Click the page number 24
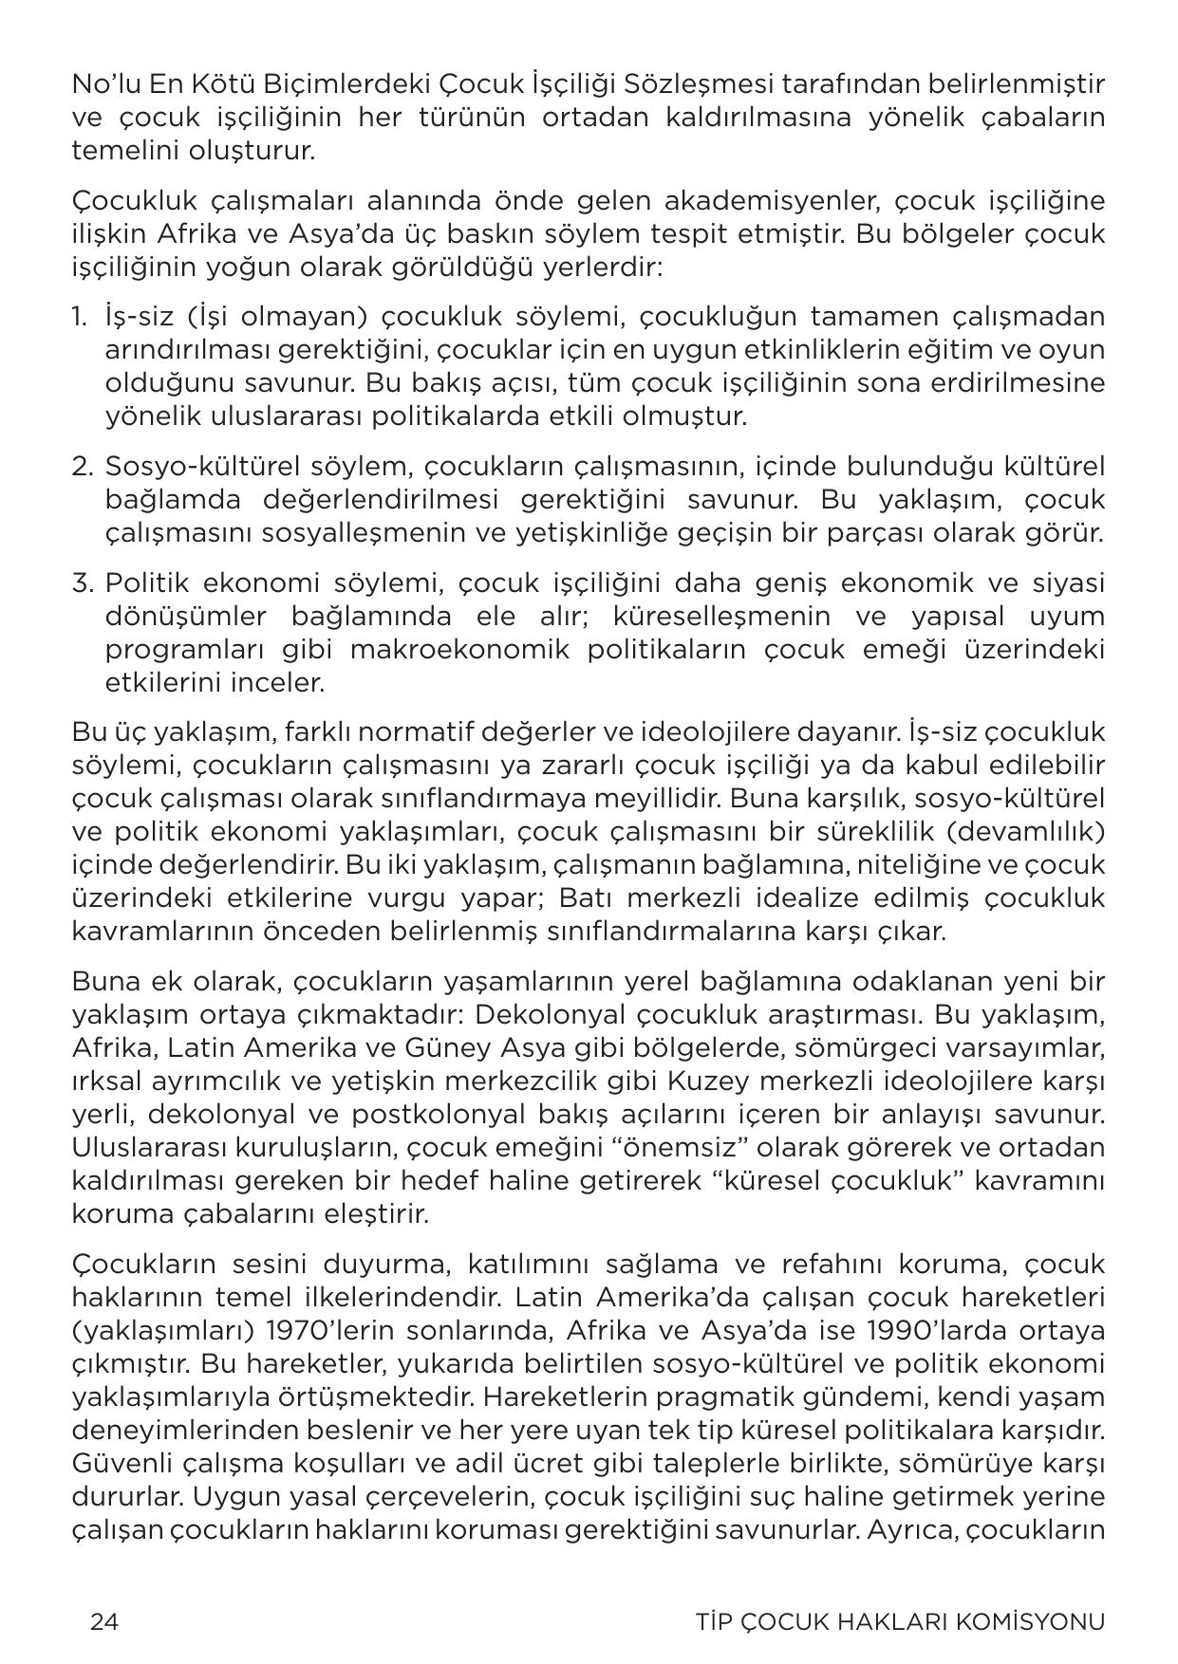103,1621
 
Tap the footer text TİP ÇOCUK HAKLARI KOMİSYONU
900,1621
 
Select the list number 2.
82,467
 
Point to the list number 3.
82,582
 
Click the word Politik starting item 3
146,582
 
